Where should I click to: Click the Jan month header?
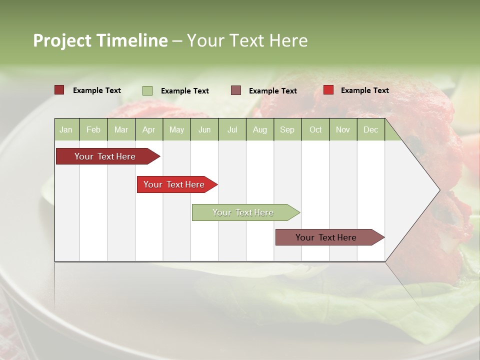pyautogui.click(x=66, y=129)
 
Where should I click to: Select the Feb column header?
pyautogui.click(x=93, y=129)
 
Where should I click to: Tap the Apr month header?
pyautogui.click(x=149, y=129)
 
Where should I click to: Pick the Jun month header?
pyautogui.click(x=204, y=129)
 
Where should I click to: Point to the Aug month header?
pyautogui.click(x=260, y=129)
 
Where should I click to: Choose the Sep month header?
pyautogui.click(x=287, y=129)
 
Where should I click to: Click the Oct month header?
pyautogui.click(x=315, y=129)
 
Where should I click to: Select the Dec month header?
pyautogui.click(x=371, y=129)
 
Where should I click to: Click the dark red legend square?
pyautogui.click(x=59, y=90)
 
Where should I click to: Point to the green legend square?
pyautogui.click(x=147, y=90)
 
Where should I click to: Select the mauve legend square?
pyautogui.click(x=236, y=90)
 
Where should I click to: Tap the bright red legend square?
pyautogui.click(x=328, y=90)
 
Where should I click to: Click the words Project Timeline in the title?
pyautogui.click(x=100, y=40)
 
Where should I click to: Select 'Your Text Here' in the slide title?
pyautogui.click(x=247, y=40)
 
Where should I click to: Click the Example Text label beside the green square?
pyautogui.click(x=184, y=91)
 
